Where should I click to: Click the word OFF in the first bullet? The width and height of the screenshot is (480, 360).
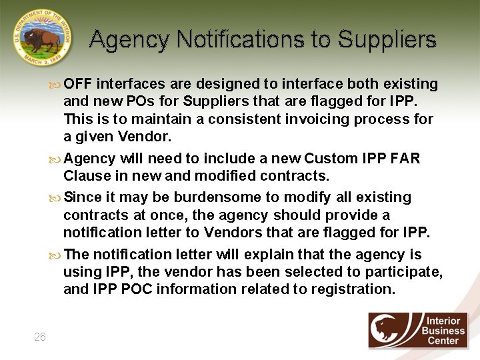click(x=79, y=84)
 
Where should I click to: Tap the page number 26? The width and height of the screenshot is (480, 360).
click(x=40, y=337)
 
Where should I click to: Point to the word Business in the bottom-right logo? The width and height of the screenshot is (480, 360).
click(x=443, y=331)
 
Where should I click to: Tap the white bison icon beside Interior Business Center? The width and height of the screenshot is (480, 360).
click(x=393, y=329)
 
